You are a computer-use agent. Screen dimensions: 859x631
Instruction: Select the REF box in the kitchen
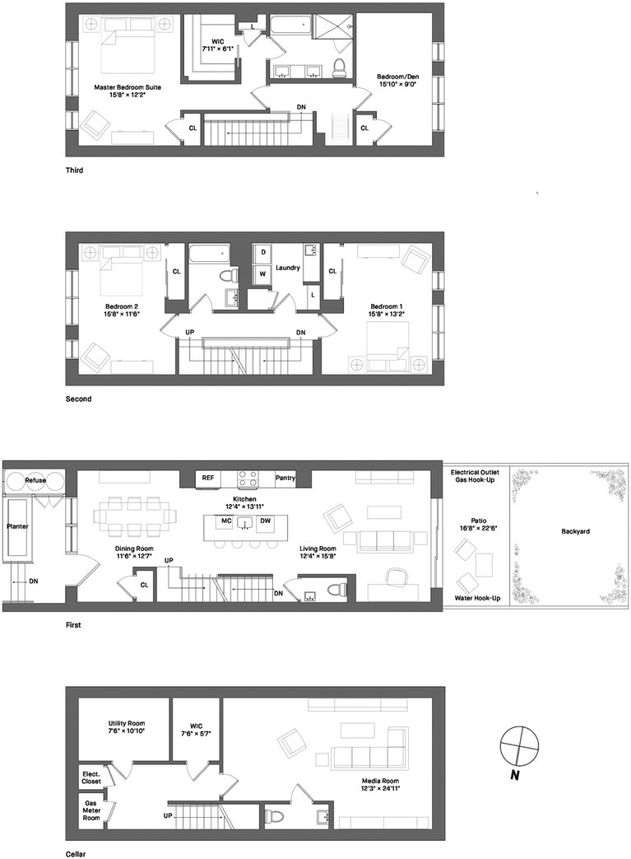[208, 477]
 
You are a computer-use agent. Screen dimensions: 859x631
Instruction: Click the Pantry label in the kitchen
[285, 477]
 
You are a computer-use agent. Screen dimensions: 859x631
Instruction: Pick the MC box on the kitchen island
[225, 521]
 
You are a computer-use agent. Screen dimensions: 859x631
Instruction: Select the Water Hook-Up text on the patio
[477, 597]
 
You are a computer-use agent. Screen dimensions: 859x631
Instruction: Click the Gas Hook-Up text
[477, 479]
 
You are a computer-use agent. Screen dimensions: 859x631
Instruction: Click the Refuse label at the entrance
[35, 480]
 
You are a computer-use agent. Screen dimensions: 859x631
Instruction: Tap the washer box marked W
[264, 273]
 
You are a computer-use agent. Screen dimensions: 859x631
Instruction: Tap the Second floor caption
[79, 399]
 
